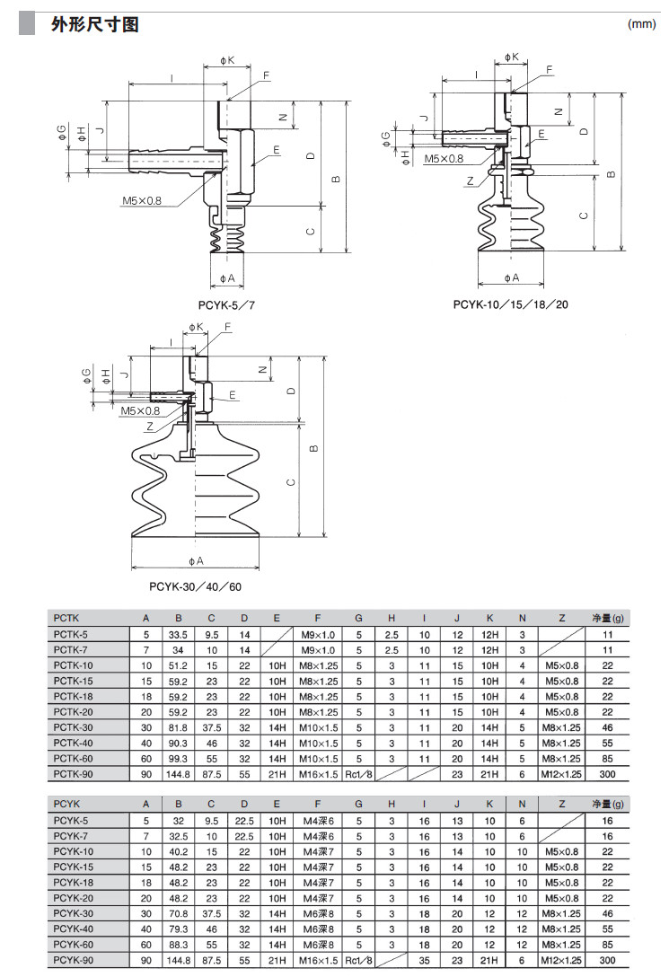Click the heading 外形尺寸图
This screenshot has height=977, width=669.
tap(94, 25)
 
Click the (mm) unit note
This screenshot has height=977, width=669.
tap(642, 25)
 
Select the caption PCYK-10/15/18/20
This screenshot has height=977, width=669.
tap(510, 304)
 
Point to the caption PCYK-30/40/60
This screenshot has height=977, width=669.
tap(195, 586)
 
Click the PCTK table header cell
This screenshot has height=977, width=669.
tap(66, 617)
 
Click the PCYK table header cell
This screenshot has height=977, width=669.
tap(67, 805)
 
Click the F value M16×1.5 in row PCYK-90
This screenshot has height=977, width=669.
tap(318, 961)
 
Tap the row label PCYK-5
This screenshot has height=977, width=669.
tap(72, 821)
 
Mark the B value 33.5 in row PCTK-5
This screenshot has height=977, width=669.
tap(178, 634)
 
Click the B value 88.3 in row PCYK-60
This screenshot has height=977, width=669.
tap(178, 945)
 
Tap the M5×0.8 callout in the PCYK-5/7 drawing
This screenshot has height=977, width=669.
tap(142, 200)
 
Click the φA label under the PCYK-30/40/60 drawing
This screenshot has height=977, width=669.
tap(197, 560)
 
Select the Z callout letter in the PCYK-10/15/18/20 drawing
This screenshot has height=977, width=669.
tap(470, 180)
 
